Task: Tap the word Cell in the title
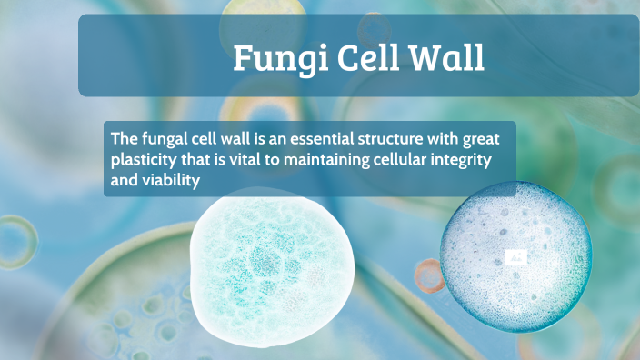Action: click(357, 58)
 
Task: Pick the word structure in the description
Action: click(386, 139)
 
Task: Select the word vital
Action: click(246, 160)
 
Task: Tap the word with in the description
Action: click(439, 139)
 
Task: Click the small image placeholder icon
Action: click(515, 257)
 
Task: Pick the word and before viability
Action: click(124, 181)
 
